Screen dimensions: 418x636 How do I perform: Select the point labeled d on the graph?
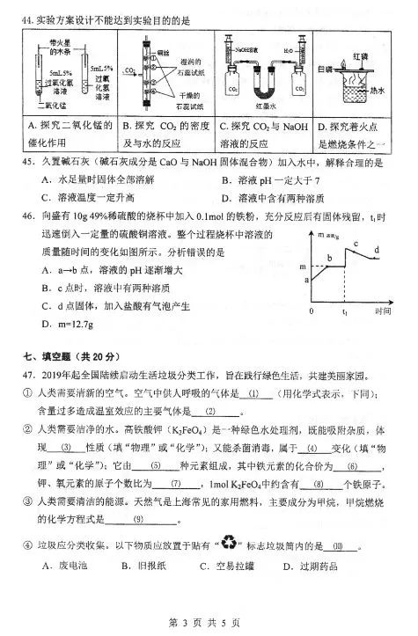coord(376,252)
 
